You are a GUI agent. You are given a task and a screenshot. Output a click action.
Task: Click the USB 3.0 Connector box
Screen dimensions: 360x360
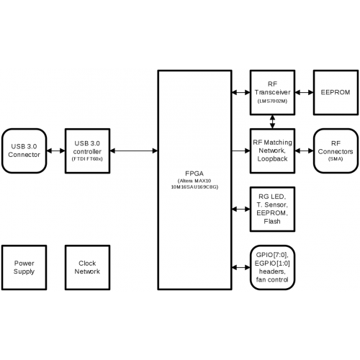pyautogui.click(x=24, y=150)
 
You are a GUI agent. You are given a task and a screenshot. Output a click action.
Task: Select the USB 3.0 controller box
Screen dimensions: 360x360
pyautogui.click(x=87, y=150)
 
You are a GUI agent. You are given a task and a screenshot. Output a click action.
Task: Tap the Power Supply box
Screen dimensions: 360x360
pyautogui.click(x=24, y=267)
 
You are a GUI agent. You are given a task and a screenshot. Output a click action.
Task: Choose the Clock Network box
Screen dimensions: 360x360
pyautogui.click(x=87, y=267)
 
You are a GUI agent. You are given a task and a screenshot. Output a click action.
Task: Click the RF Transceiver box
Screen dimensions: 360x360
pyautogui.click(x=272, y=92)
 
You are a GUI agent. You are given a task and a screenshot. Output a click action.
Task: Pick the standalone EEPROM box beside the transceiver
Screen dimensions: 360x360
pyautogui.click(x=336, y=92)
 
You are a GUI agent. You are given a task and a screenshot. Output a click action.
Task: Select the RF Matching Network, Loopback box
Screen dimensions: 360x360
pyautogui.click(x=272, y=150)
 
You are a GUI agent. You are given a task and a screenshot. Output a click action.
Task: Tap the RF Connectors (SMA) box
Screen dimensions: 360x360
pyautogui.click(x=336, y=150)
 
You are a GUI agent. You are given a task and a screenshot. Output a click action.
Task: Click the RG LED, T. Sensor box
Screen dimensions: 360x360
pyautogui.click(x=272, y=209)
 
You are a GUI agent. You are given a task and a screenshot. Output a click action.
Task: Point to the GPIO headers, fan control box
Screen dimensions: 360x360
pyautogui.click(x=272, y=267)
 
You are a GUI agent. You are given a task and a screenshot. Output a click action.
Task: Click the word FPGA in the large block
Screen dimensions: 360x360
pyautogui.click(x=194, y=174)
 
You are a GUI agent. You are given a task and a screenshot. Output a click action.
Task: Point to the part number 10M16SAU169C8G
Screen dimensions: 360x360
pyautogui.click(x=194, y=187)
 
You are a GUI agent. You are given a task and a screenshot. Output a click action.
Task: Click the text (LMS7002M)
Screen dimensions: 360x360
pyautogui.click(x=272, y=101)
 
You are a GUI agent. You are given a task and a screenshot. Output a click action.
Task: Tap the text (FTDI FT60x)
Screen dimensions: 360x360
pyautogui.click(x=87, y=159)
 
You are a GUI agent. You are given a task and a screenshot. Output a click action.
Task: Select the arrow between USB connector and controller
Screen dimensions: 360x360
pyautogui.click(x=55, y=150)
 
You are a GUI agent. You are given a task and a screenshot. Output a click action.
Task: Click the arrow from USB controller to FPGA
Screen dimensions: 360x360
pyautogui.click(x=134, y=150)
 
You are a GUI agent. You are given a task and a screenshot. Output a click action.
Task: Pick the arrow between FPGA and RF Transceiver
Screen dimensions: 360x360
pyautogui.click(x=241, y=92)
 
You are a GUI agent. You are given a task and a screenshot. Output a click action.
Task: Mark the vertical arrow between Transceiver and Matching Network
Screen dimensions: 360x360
pyautogui.click(x=272, y=122)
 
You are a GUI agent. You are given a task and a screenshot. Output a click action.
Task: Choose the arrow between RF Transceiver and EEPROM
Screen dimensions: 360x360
pyautogui.click(x=304, y=92)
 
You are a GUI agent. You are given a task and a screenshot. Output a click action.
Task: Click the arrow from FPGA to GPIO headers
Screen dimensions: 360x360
pyautogui.click(x=241, y=267)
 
